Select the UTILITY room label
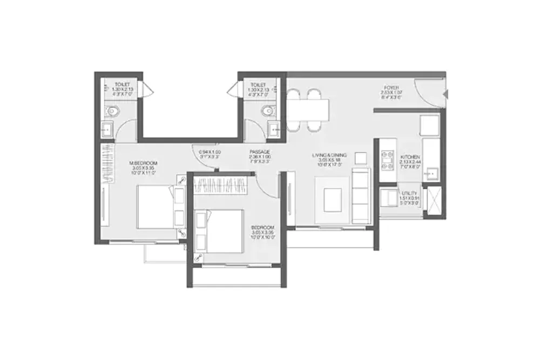408,193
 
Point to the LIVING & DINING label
329,155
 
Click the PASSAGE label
259,152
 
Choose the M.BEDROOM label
143,162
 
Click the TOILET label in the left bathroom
123,85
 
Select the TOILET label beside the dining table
258,85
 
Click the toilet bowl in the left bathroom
113,112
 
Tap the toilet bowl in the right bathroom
266,111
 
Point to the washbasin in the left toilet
107,129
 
